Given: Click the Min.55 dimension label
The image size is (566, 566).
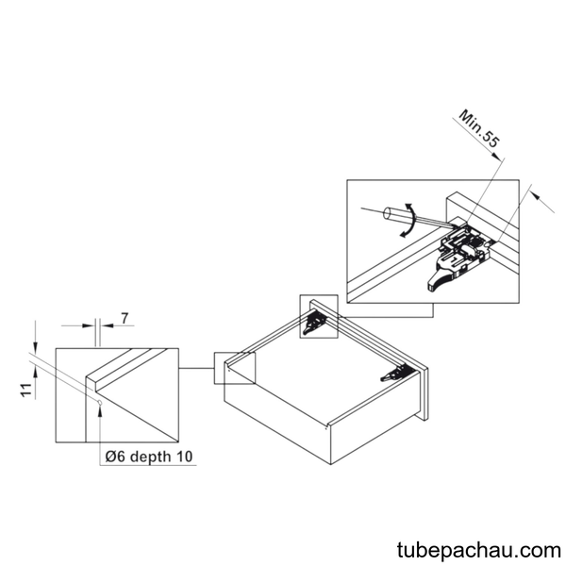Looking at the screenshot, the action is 479,129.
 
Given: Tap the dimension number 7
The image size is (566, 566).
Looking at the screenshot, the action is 125,319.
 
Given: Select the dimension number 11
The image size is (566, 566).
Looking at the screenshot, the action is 26,391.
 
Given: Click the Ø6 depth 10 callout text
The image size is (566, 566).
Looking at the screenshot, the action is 149,457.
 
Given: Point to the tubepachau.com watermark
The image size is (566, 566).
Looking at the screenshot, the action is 479,551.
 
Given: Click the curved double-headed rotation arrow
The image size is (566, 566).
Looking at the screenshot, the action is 410,220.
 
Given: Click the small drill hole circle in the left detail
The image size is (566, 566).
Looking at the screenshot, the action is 100,403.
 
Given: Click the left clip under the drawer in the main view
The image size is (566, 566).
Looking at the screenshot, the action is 314,322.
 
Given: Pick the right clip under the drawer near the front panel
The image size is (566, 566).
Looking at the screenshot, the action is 396,374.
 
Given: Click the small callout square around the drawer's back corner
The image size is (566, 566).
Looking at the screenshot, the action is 235,368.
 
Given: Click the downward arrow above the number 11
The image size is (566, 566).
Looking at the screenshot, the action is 35,337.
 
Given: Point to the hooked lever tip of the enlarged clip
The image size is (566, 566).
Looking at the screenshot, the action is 432,283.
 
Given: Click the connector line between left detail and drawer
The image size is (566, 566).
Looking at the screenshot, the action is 196,368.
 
